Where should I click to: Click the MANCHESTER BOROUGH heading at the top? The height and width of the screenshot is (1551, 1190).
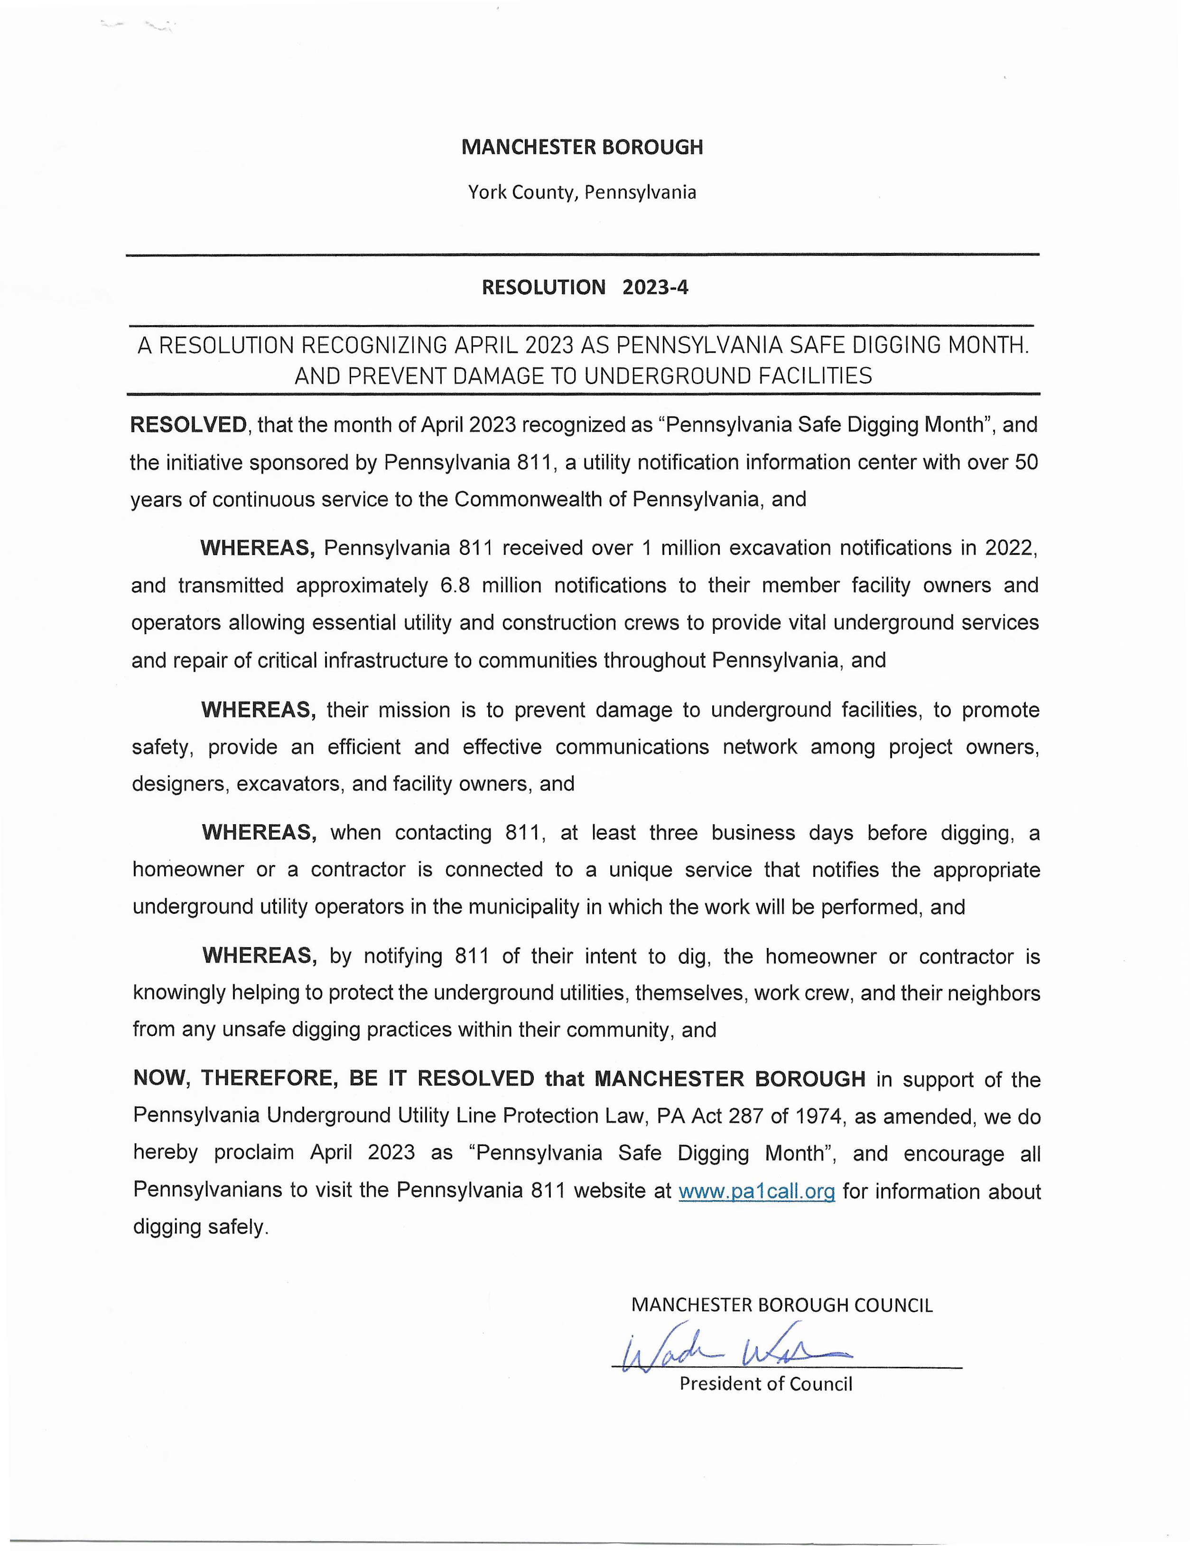582,147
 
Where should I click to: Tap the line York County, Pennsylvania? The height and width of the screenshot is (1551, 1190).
582,192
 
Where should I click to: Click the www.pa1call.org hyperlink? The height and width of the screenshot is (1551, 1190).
756,1191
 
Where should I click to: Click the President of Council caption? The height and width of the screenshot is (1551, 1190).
766,1384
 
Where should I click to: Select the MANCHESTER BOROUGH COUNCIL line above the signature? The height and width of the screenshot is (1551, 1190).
782,1305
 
